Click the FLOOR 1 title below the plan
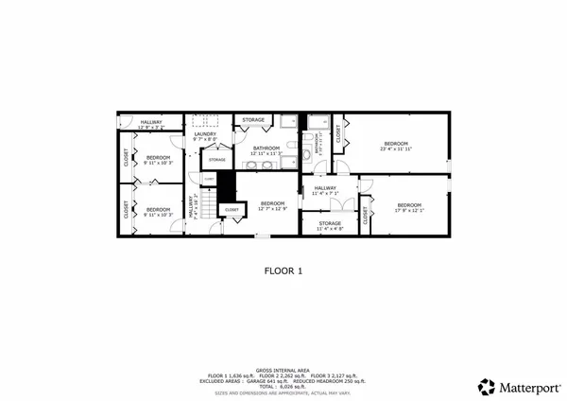tap(283, 270)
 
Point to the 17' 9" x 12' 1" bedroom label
tap(409, 207)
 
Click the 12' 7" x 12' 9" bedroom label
tap(272, 205)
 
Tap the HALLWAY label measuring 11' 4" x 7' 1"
tap(325, 190)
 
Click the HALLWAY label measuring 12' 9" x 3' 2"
tap(151, 124)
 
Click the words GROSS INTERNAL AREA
tap(283, 371)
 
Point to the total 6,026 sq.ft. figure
tap(283, 386)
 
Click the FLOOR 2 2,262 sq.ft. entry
tap(283, 376)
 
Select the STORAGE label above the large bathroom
tap(253, 120)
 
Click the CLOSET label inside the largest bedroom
tap(338, 134)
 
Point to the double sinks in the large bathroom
tap(266, 163)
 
